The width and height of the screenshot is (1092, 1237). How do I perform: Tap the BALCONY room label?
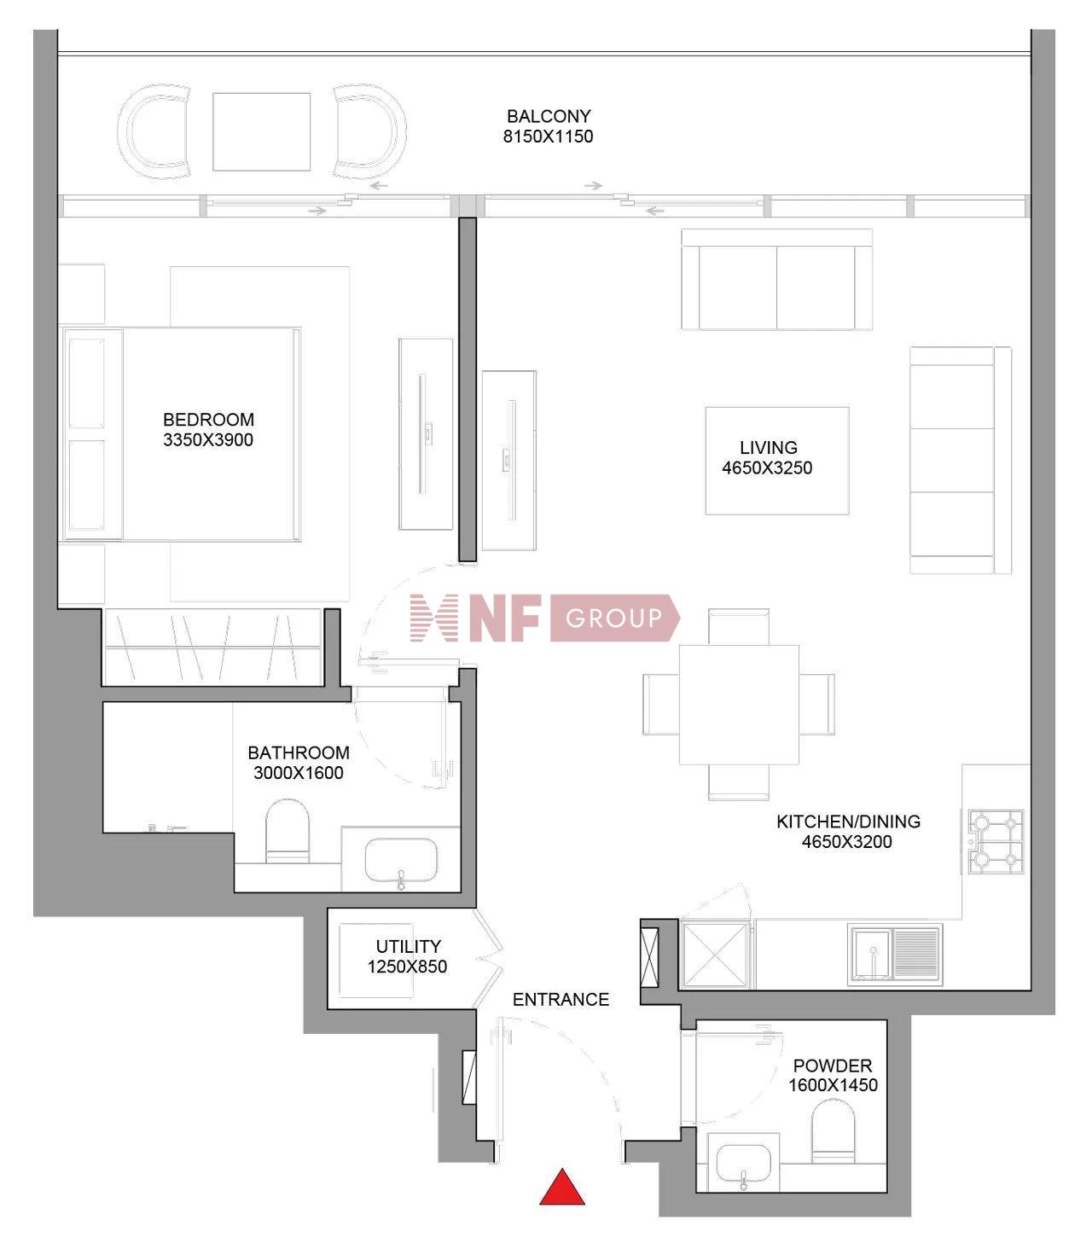tap(549, 116)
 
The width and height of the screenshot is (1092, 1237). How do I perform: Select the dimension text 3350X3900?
tap(208, 440)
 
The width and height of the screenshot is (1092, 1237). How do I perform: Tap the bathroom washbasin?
tap(401, 860)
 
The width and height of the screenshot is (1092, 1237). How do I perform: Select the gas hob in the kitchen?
tap(996, 842)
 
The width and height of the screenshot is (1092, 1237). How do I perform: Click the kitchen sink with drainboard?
tap(895, 953)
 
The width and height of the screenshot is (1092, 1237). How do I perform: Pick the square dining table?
tap(739, 705)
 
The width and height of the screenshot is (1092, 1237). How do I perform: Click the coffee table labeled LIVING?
tap(776, 461)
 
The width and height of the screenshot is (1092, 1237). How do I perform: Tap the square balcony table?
tap(261, 132)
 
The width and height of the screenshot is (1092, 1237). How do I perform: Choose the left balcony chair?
tap(157, 132)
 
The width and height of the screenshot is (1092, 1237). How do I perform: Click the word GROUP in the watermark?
tap(613, 618)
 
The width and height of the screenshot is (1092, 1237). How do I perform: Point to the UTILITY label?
tap(409, 946)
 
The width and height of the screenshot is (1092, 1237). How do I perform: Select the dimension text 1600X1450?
tap(833, 1085)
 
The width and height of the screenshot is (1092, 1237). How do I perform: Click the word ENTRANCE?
tap(561, 999)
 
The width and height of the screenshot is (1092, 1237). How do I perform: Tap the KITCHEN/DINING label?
tap(848, 821)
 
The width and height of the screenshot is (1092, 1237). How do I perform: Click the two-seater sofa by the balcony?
tap(776, 280)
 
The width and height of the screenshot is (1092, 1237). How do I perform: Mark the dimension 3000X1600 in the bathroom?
tap(299, 773)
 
